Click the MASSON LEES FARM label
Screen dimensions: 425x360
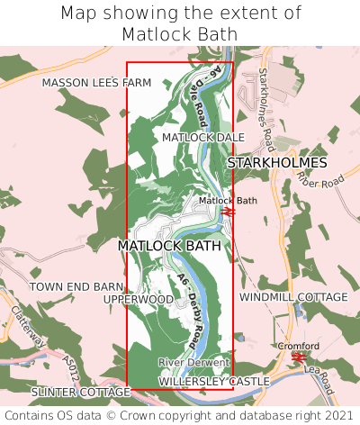pyautogui.click(x=96, y=82)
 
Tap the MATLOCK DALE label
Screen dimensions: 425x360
pyautogui.click(x=203, y=137)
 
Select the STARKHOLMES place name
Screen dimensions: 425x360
pyautogui.click(x=277, y=163)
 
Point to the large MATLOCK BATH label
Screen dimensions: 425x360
pyautogui.click(x=169, y=245)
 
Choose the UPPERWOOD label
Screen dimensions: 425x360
pyautogui.click(x=138, y=298)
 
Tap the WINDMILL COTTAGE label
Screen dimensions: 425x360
pyautogui.click(x=293, y=296)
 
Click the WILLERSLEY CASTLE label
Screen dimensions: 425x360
pyautogui.click(x=214, y=382)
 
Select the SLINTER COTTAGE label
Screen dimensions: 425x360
pyautogui.click(x=80, y=393)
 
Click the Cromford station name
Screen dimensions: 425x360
pyautogui.click(x=299, y=346)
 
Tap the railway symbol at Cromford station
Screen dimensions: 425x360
pyautogui.click(x=299, y=357)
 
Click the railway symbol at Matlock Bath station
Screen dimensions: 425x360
pyautogui.click(x=229, y=212)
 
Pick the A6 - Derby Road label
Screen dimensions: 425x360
pyautogui.click(x=190, y=309)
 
